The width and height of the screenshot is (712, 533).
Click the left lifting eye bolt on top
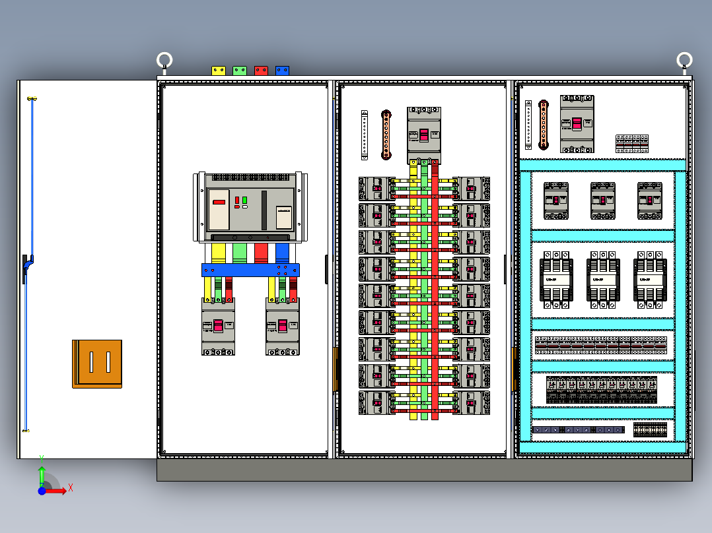pyautogui.click(x=164, y=61)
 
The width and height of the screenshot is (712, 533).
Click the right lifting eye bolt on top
pyautogui.click(x=684, y=61)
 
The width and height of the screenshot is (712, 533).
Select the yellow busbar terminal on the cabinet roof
pyautogui.click(x=219, y=70)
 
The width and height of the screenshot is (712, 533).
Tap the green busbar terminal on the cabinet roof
pyautogui.click(x=240, y=70)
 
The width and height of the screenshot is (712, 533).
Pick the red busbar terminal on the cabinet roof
pyautogui.click(x=261, y=70)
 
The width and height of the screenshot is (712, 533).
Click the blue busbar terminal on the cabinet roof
pyautogui.click(x=282, y=70)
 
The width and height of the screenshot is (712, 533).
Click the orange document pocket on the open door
pyautogui.click(x=97, y=363)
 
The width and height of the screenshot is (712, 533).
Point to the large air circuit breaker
pyautogui.click(x=250, y=207)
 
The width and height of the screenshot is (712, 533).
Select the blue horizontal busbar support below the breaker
pyautogui.click(x=250, y=270)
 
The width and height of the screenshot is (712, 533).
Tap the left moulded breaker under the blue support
pyautogui.click(x=218, y=326)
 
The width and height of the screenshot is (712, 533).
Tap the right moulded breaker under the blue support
pyautogui.click(x=282, y=326)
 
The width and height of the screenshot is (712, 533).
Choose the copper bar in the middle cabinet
pyautogui.click(x=386, y=135)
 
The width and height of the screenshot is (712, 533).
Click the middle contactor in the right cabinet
pyautogui.click(x=602, y=279)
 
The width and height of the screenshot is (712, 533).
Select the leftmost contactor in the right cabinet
pyautogui.click(x=555, y=279)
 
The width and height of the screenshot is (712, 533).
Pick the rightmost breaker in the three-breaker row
pyautogui.click(x=649, y=201)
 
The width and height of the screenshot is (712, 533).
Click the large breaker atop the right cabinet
pyautogui.click(x=577, y=123)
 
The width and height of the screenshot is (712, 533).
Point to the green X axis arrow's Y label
pyautogui.click(x=42, y=456)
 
